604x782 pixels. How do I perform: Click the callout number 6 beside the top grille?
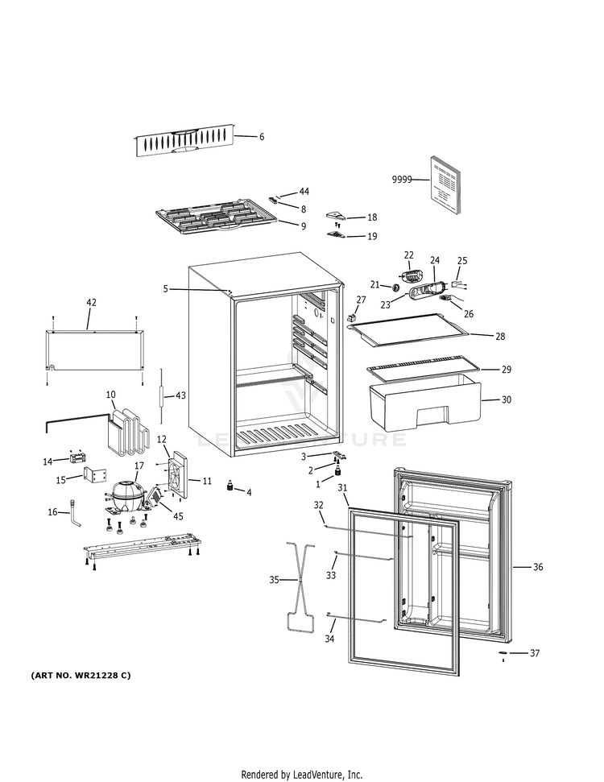(x=261, y=137)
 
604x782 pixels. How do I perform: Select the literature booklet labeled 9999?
(x=445, y=184)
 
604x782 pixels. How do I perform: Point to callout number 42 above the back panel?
(x=91, y=302)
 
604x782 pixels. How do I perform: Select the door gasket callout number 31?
(x=342, y=488)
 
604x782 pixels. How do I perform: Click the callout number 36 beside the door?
(x=538, y=567)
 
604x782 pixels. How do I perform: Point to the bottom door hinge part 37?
(x=503, y=652)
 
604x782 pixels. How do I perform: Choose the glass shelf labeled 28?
(x=415, y=330)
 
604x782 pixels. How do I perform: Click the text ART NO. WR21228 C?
(x=81, y=675)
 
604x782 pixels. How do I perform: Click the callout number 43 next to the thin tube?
(x=180, y=395)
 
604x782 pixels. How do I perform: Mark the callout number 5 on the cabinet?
(x=165, y=288)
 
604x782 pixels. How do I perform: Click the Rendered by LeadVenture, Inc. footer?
(x=296, y=775)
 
